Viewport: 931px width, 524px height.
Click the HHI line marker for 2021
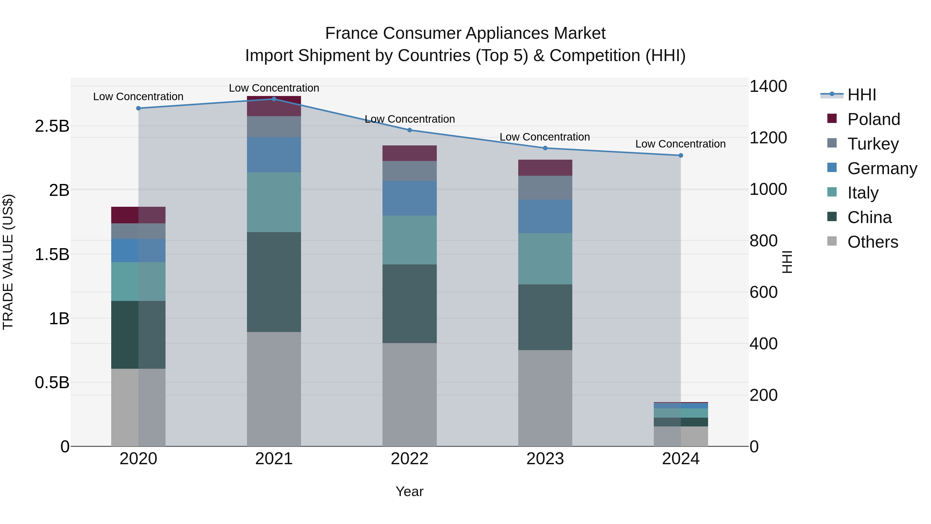pyautogui.click(x=274, y=99)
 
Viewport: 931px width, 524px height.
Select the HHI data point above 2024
pyautogui.click(x=681, y=156)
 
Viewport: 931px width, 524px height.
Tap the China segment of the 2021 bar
pyautogui.click(x=274, y=282)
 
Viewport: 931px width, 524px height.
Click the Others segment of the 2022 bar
pyautogui.click(x=409, y=394)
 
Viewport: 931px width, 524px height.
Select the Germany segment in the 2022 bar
pyautogui.click(x=409, y=198)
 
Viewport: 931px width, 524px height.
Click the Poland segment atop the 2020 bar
pyautogui.click(x=138, y=215)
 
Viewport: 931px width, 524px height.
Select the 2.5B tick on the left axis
pyautogui.click(x=52, y=126)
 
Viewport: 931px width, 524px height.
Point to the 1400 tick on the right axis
pyautogui.click(x=768, y=86)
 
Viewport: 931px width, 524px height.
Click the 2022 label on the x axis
pyautogui.click(x=409, y=459)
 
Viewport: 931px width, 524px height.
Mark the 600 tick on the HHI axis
pyautogui.click(x=763, y=292)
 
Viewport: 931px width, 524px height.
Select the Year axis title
pyautogui.click(x=409, y=491)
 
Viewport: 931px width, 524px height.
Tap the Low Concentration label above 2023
pyautogui.click(x=545, y=137)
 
